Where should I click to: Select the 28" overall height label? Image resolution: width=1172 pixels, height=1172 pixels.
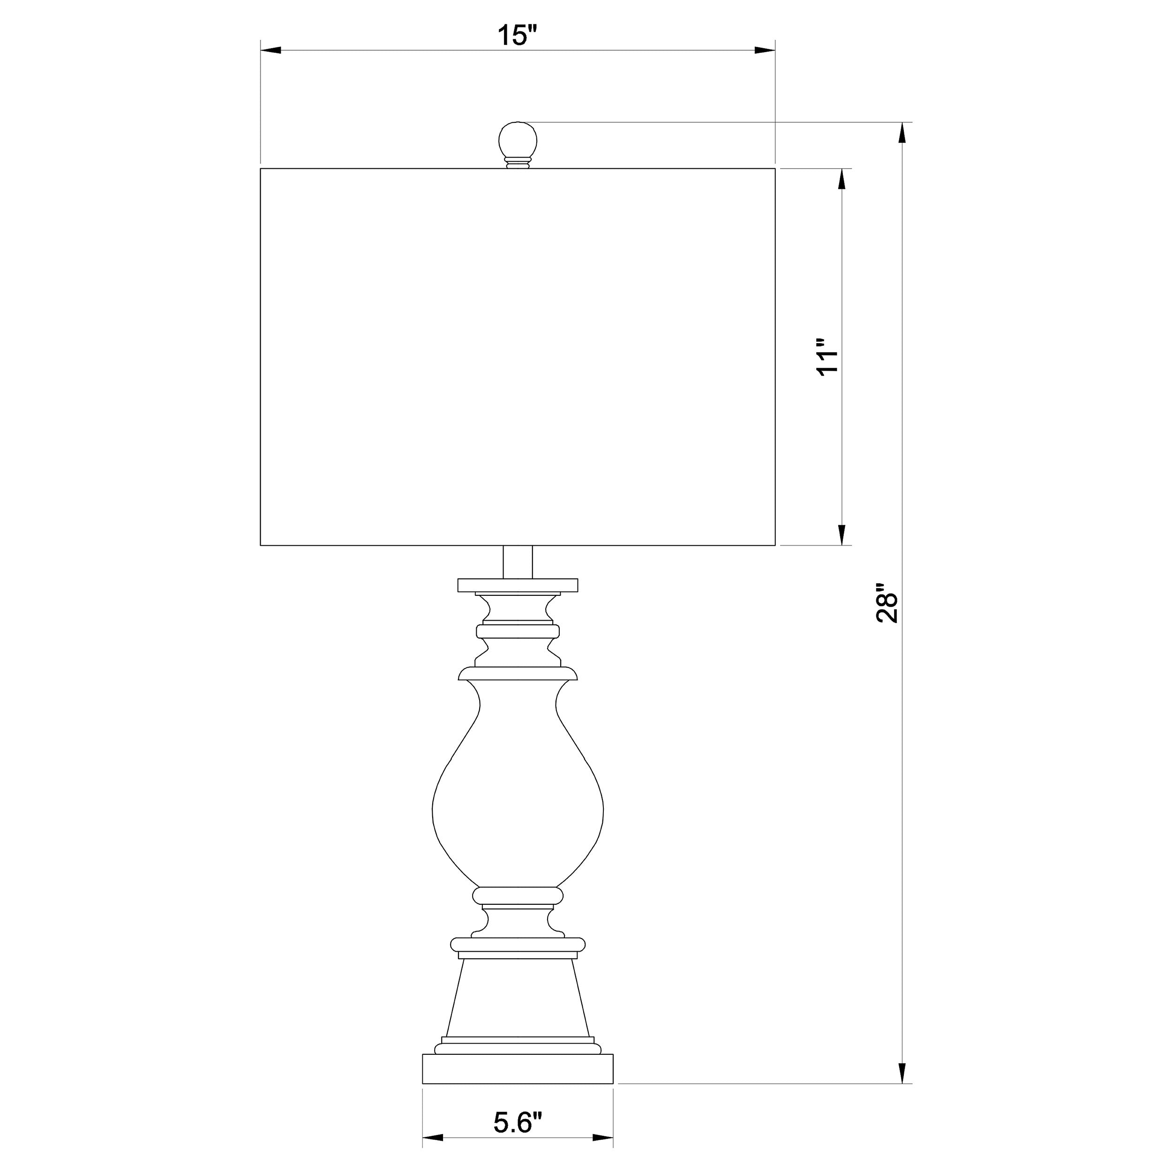887,604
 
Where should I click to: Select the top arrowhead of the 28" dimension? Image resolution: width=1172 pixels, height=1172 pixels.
902,133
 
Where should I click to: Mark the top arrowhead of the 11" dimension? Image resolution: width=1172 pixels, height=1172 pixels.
841,180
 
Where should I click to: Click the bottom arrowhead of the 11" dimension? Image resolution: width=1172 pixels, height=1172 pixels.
841,534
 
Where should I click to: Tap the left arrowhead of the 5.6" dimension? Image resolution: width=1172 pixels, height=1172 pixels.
433,1137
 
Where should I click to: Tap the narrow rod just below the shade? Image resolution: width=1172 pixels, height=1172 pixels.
518,562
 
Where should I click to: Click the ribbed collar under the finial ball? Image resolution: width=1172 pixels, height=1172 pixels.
518,163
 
